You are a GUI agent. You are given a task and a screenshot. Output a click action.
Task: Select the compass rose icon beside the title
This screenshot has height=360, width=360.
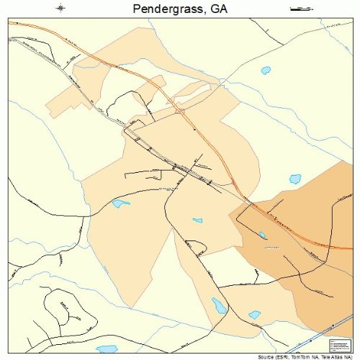(60, 9)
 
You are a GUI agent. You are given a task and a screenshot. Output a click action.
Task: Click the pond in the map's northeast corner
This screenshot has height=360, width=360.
(266, 71)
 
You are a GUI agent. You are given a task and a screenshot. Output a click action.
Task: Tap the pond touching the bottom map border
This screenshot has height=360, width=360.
(107, 348)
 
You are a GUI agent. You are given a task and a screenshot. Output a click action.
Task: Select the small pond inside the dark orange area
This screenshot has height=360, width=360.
(262, 235)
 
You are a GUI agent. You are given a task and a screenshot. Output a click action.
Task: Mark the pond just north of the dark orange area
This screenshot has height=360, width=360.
(294, 178)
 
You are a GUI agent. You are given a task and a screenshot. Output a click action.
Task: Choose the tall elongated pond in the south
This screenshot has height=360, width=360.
(217, 305)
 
